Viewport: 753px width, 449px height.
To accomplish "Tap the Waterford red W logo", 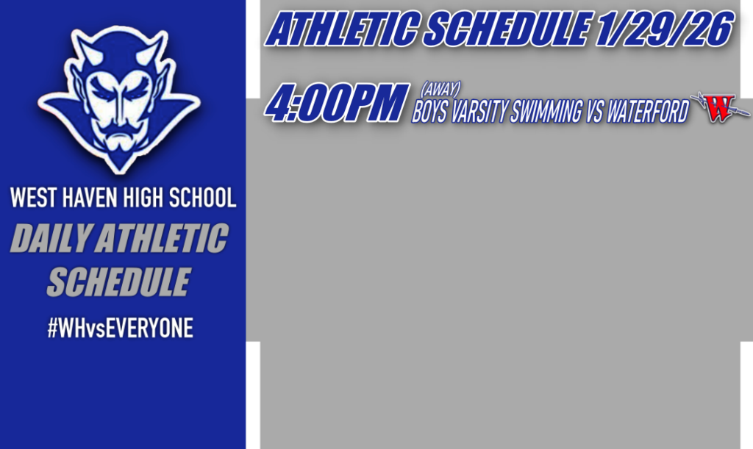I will click(719, 109).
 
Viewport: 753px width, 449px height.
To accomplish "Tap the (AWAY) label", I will click(440, 90).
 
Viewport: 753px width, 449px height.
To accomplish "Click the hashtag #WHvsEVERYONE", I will click(120, 328).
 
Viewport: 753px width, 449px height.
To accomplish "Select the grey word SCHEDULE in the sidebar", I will click(118, 282).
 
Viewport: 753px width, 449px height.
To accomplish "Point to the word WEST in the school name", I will click(30, 198).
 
